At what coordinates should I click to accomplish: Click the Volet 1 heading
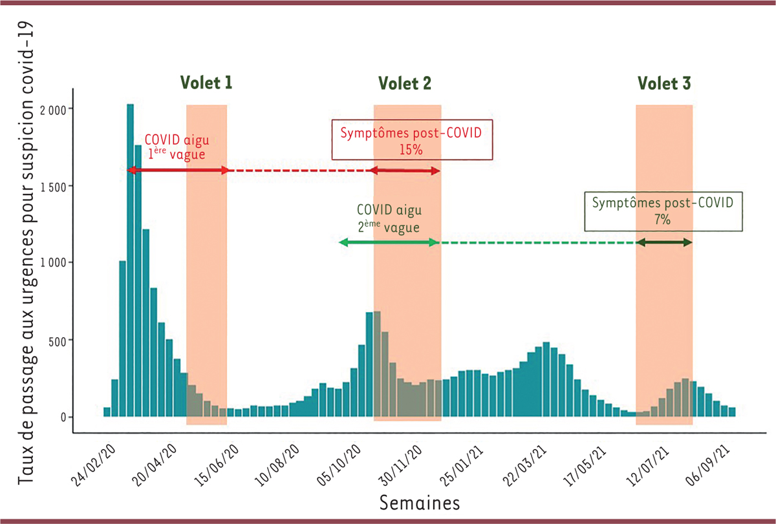tap(206, 83)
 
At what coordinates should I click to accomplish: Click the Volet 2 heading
tap(405, 83)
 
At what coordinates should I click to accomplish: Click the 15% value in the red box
tap(411, 149)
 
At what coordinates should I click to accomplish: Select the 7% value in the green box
tap(663, 220)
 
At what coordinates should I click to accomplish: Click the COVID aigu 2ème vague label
tap(388, 219)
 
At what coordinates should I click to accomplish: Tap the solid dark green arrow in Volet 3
tap(664, 242)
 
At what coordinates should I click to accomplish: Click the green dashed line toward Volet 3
tap(537, 242)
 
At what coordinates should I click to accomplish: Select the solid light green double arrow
tap(389, 242)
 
